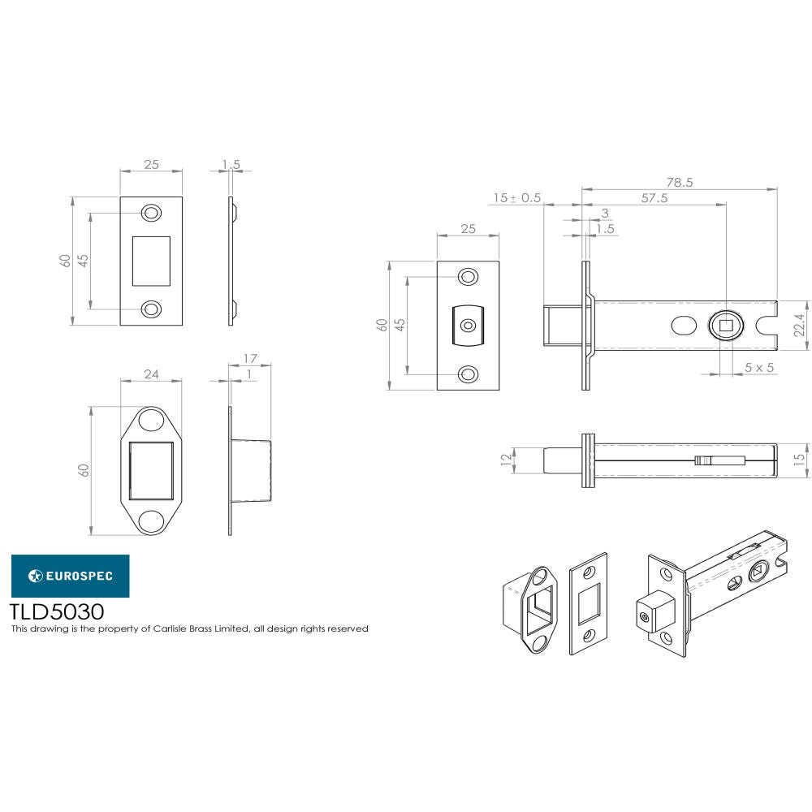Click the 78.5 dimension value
[x=680, y=183]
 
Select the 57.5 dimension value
[x=653, y=198]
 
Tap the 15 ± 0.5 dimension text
[x=516, y=198]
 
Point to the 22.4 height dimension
[x=799, y=325]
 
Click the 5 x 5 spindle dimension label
[x=759, y=368]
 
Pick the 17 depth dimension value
[x=249, y=357]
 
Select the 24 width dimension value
[x=151, y=374]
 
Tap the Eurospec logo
[x=69, y=576]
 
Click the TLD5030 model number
[x=56, y=611]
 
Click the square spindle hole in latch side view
[x=726, y=326]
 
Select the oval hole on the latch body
[x=684, y=326]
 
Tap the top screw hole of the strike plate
[x=151, y=213]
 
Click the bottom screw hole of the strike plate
[x=151, y=309]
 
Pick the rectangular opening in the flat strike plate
[x=151, y=261]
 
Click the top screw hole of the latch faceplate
[x=468, y=277]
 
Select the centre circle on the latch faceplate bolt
[x=468, y=326]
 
